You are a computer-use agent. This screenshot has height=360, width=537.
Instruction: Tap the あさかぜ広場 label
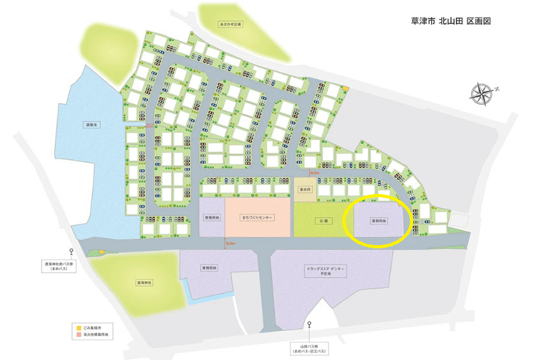click(231, 24)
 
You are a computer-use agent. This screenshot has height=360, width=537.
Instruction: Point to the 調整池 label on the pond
click(91, 125)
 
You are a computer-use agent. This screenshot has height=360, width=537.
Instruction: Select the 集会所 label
click(306, 190)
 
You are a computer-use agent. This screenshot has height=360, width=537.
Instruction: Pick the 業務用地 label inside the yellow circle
click(379, 221)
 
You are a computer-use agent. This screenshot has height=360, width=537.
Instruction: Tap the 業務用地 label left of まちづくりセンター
click(211, 218)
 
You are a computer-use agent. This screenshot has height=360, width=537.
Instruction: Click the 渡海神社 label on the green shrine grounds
click(145, 281)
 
